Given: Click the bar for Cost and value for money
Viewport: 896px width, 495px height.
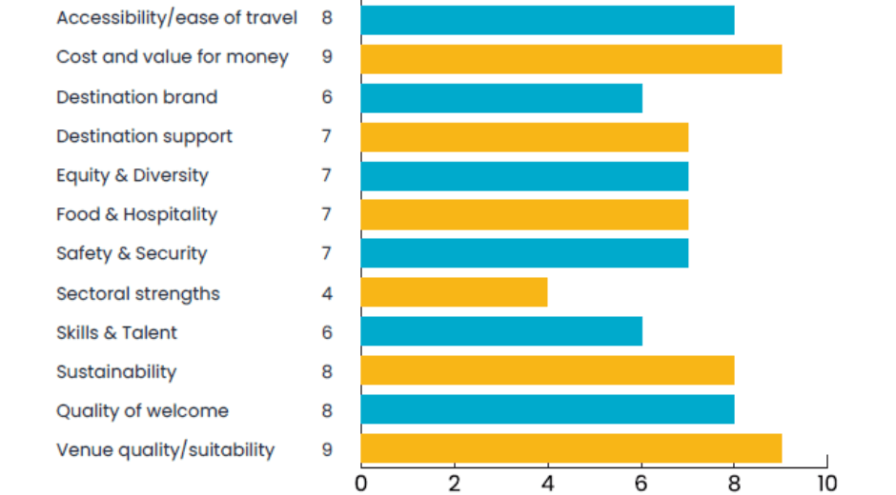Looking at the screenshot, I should [x=571, y=58].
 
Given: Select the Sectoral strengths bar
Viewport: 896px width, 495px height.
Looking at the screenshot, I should [x=454, y=292].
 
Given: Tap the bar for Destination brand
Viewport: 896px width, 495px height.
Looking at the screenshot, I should [x=501, y=97].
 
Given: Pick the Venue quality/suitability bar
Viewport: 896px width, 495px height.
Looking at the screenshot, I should [x=571, y=449].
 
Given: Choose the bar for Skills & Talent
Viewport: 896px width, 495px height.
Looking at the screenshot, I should [x=501, y=331].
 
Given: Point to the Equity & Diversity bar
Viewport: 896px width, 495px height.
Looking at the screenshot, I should [x=524, y=175].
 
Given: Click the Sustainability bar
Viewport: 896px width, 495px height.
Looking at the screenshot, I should [x=547, y=371].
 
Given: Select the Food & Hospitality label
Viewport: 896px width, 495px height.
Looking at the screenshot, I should [x=136, y=214].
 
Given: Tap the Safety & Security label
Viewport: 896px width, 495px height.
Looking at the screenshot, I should [x=132, y=253].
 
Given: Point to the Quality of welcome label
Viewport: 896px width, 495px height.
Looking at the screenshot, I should [x=142, y=411].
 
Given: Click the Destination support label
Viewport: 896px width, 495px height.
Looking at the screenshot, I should [x=144, y=136].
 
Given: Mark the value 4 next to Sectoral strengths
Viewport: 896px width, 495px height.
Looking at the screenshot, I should [x=327, y=293].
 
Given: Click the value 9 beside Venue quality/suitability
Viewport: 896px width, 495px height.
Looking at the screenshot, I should [x=327, y=449].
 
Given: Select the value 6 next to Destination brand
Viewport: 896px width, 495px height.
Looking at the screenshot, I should [x=327, y=97].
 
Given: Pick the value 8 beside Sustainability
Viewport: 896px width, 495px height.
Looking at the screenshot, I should [x=327, y=371].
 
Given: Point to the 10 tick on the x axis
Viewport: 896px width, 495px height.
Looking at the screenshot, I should [x=826, y=483].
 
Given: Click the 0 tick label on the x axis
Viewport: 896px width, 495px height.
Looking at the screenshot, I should [x=361, y=483].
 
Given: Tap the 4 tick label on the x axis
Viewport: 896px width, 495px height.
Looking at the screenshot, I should [x=547, y=483].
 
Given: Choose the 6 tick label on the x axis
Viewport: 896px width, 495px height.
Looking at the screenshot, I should [x=641, y=483].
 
